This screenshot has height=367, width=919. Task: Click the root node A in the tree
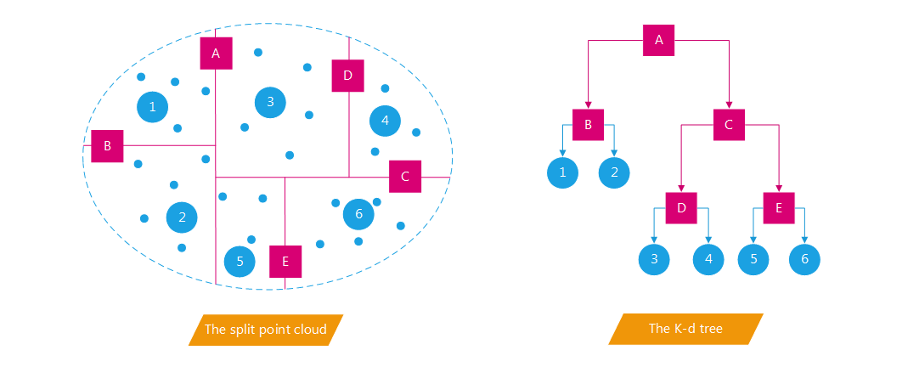(x=659, y=39)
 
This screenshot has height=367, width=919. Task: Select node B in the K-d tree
(x=588, y=125)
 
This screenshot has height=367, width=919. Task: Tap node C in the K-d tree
(x=729, y=125)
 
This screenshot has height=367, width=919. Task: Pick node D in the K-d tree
(x=681, y=208)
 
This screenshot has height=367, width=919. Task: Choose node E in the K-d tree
(x=779, y=208)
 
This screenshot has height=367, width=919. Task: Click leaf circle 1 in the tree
(x=562, y=173)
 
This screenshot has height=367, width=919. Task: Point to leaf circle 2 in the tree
(x=613, y=173)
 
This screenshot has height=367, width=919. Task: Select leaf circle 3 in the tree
(x=654, y=260)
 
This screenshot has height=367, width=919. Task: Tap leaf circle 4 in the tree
(x=708, y=260)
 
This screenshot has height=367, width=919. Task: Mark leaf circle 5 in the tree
(x=753, y=260)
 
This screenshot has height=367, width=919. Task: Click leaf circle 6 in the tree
(x=805, y=260)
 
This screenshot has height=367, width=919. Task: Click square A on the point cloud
(x=216, y=54)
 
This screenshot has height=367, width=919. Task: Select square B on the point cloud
(x=108, y=146)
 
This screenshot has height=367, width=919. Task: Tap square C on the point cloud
(x=405, y=177)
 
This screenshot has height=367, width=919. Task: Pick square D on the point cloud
(x=347, y=76)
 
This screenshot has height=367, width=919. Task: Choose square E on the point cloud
(x=285, y=262)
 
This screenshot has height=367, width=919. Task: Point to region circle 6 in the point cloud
(x=358, y=215)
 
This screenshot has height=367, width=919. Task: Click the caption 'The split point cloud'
(x=266, y=330)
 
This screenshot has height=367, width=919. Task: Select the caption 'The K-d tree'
(x=685, y=329)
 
